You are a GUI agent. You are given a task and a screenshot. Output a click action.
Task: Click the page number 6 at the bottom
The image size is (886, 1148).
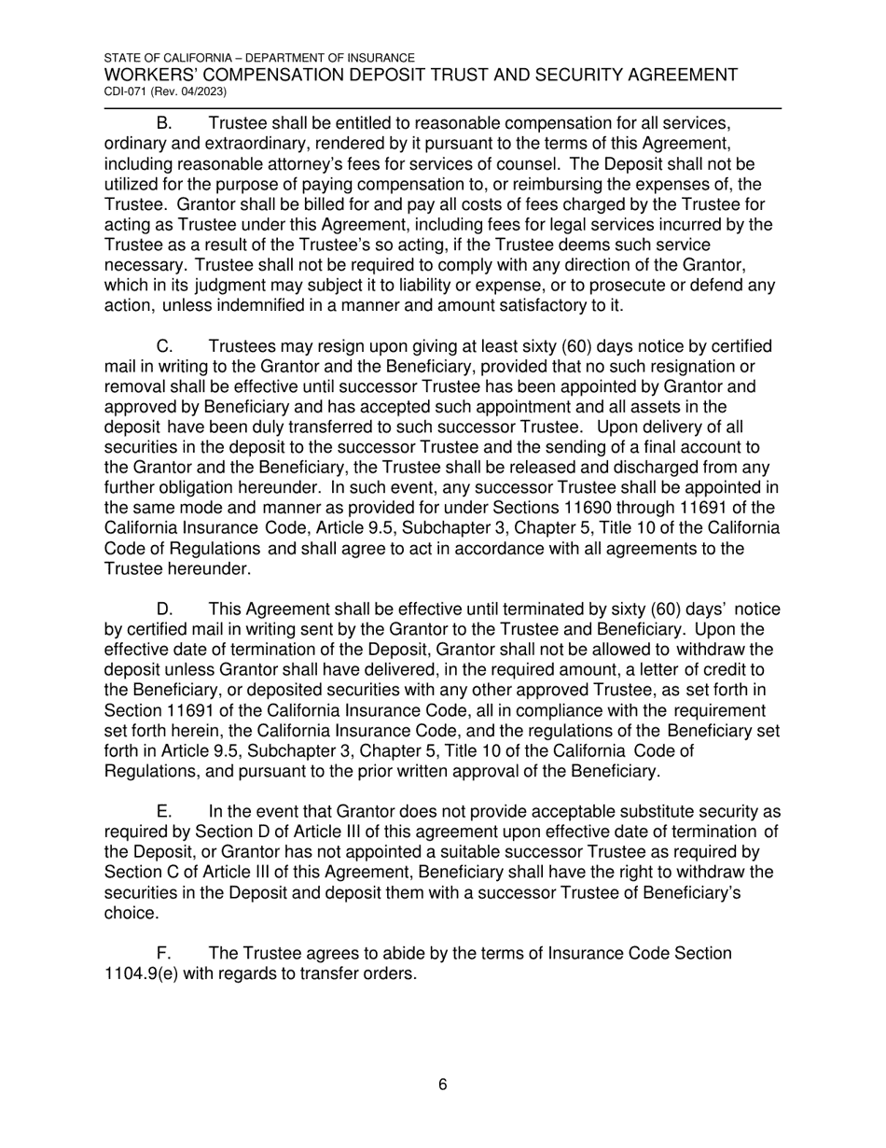click(442, 1085)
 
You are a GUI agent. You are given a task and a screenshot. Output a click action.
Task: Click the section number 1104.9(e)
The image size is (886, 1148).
click(142, 973)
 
